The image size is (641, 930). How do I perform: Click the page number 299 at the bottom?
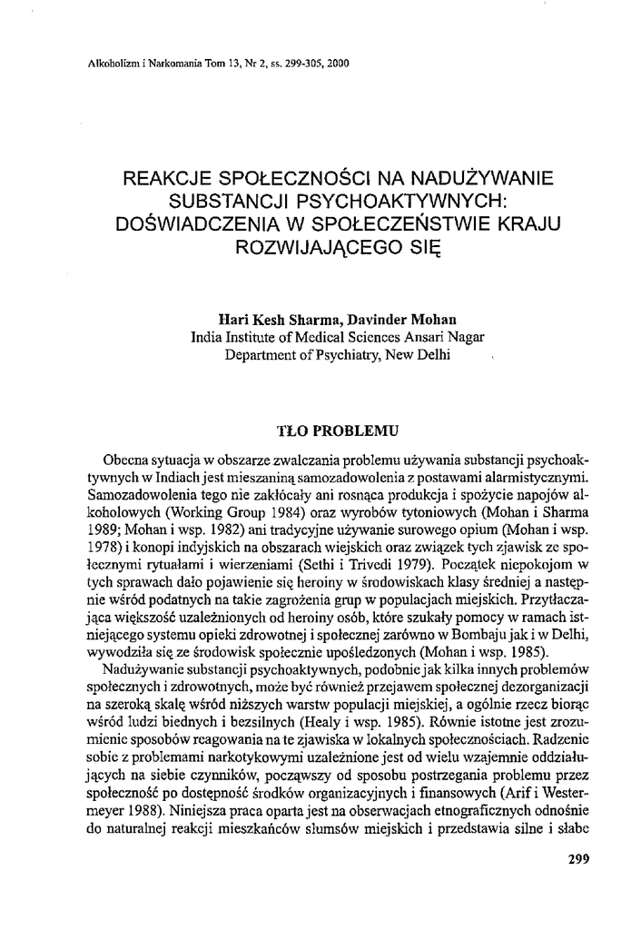tap(578, 858)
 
